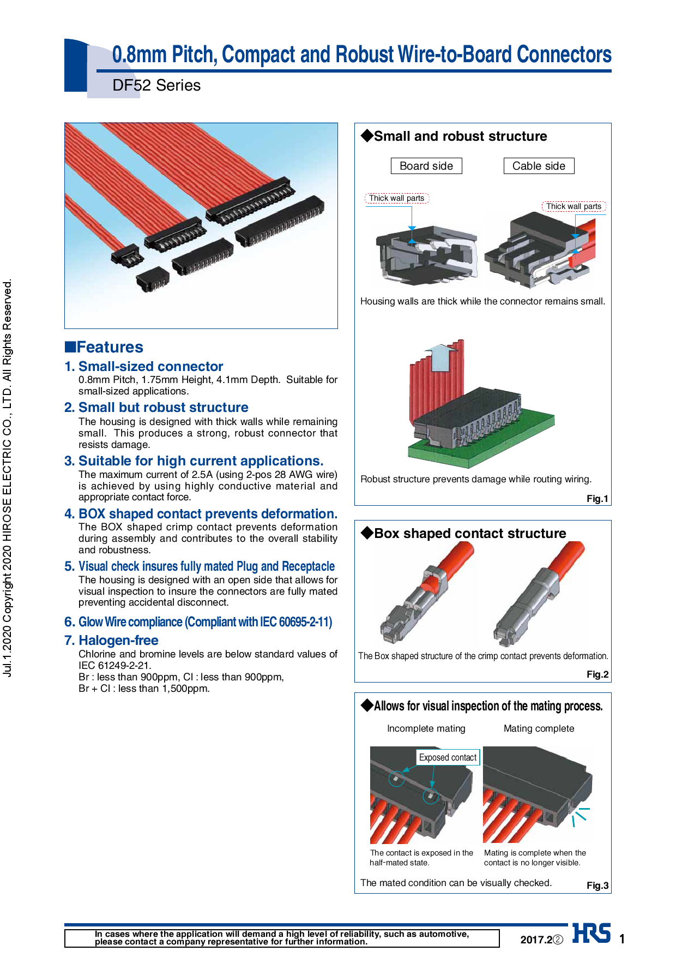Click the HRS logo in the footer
591,934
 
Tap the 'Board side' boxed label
426,166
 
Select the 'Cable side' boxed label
539,166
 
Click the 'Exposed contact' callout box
448,757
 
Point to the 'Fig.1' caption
597,499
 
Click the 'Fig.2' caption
597,674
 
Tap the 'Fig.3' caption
597,886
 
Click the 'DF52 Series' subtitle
156,86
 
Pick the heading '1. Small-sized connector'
144,367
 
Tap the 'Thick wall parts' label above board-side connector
397,198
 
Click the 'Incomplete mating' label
426,728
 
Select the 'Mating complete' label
539,728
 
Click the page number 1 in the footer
622,939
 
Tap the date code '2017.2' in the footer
536,940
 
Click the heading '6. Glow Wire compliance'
198,622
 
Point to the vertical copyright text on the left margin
8,478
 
